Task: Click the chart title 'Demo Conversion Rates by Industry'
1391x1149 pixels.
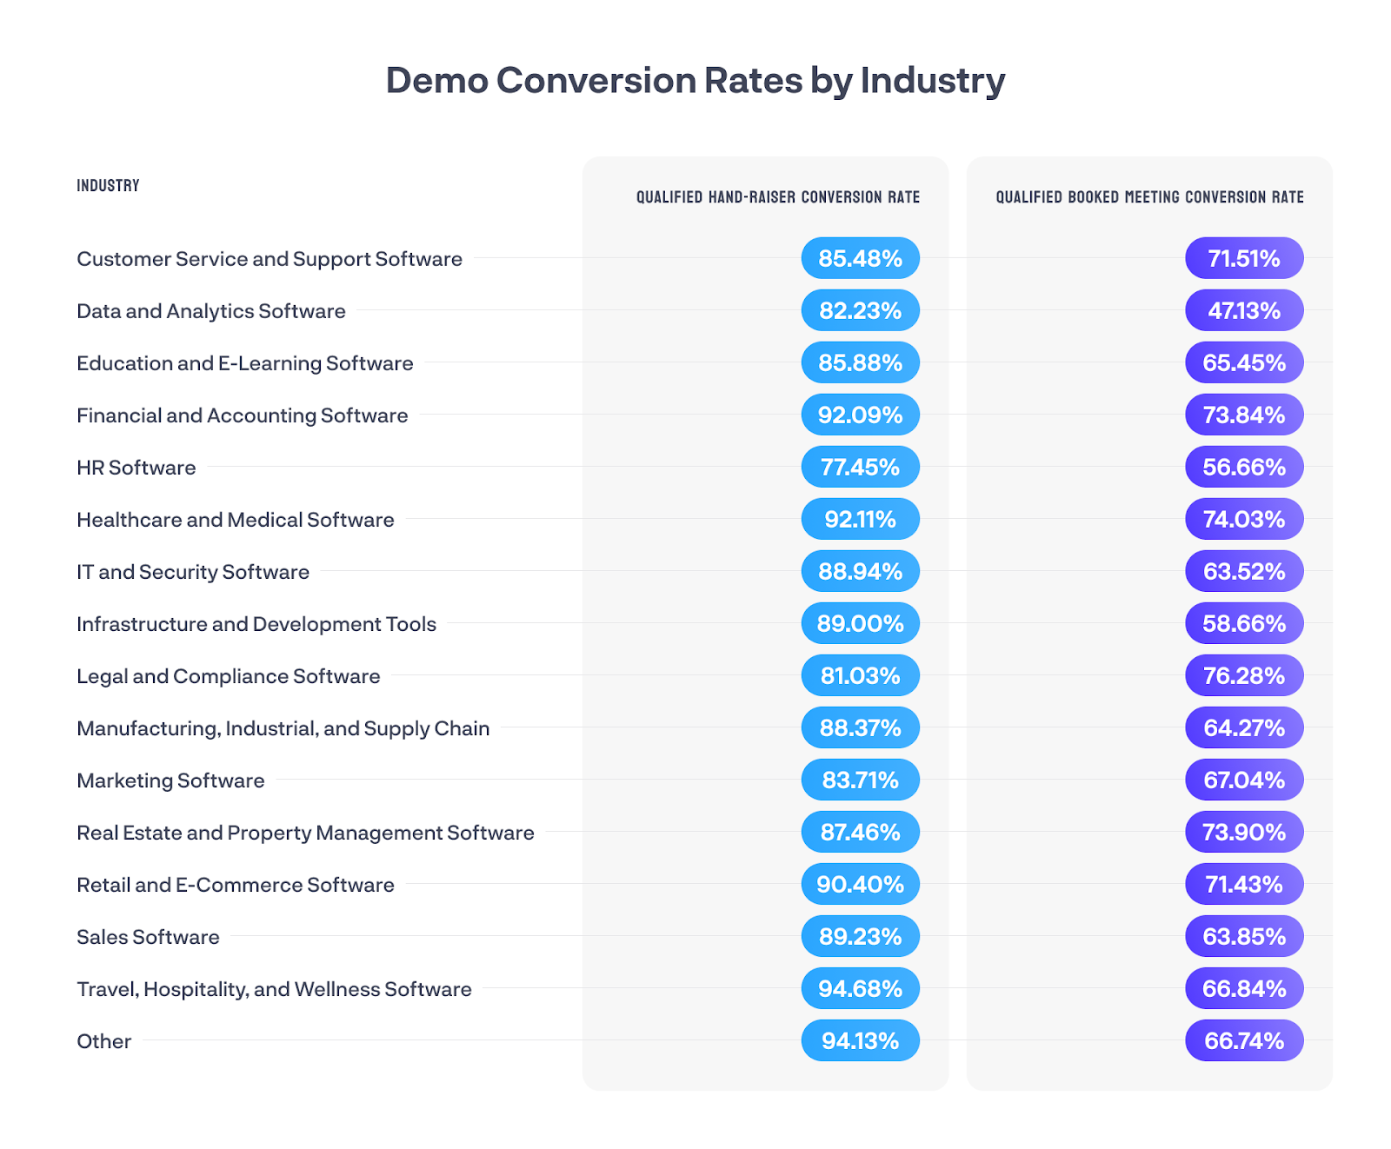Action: pos(695,81)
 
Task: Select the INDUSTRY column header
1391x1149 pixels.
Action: pos(108,185)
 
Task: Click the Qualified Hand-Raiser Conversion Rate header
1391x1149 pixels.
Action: pos(777,197)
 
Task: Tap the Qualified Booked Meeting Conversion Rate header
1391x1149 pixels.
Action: pos(1149,197)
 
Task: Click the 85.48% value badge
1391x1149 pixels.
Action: pos(860,258)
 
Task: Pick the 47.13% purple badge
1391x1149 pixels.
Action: pos(1244,310)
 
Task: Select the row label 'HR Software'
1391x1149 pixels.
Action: pos(136,468)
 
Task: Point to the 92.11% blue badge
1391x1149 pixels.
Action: pos(860,519)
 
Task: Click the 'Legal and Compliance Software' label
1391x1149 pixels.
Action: pos(229,676)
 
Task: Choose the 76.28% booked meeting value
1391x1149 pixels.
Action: pos(1244,675)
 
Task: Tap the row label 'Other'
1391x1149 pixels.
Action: pos(104,1041)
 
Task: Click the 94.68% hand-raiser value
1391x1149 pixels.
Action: pos(860,988)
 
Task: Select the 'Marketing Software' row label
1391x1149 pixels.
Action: pos(170,780)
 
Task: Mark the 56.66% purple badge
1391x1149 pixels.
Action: pos(1244,467)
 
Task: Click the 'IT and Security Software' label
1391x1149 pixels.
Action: pos(193,572)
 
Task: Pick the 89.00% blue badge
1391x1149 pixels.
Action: pos(860,623)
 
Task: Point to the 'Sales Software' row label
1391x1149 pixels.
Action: pos(148,937)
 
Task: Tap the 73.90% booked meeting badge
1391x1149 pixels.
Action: pos(1244,832)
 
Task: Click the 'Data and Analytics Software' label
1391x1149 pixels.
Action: pos(211,311)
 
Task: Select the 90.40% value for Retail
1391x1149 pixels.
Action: pos(860,884)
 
